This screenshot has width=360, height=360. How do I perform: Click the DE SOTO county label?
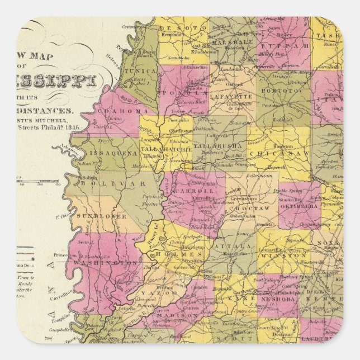192,26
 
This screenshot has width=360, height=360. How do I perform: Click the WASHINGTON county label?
107,262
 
